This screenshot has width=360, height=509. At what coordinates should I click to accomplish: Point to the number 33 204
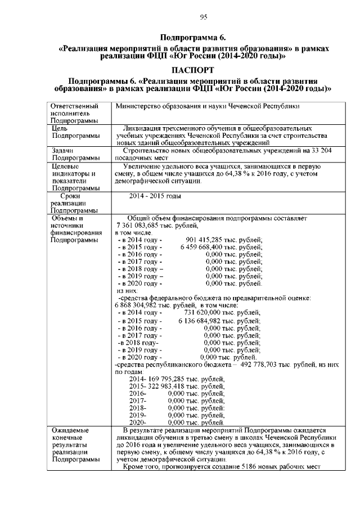point(328,151)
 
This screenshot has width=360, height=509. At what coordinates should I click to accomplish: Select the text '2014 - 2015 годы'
point(155,196)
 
